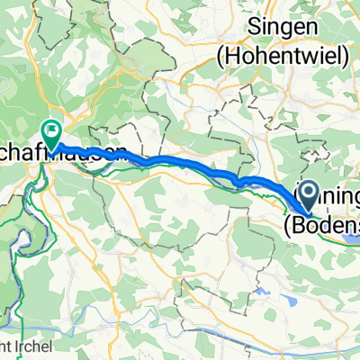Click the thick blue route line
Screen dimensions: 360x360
[x=180, y=163]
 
